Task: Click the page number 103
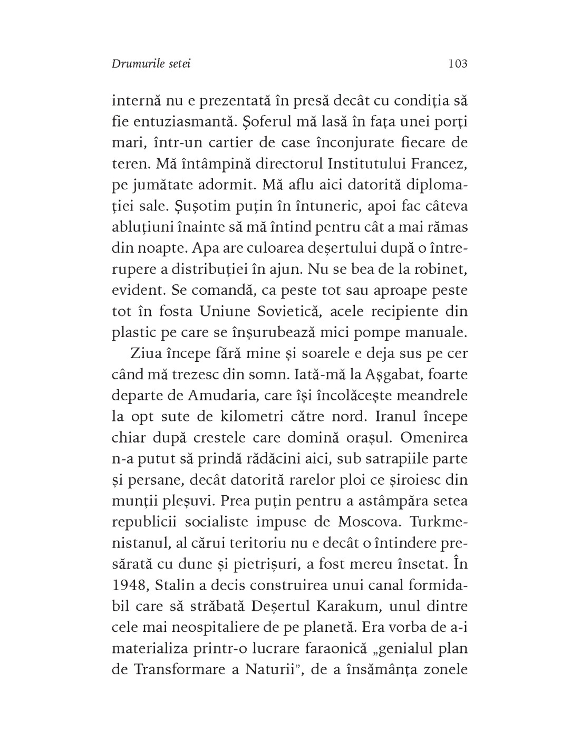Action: point(457,64)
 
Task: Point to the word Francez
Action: point(438,164)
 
